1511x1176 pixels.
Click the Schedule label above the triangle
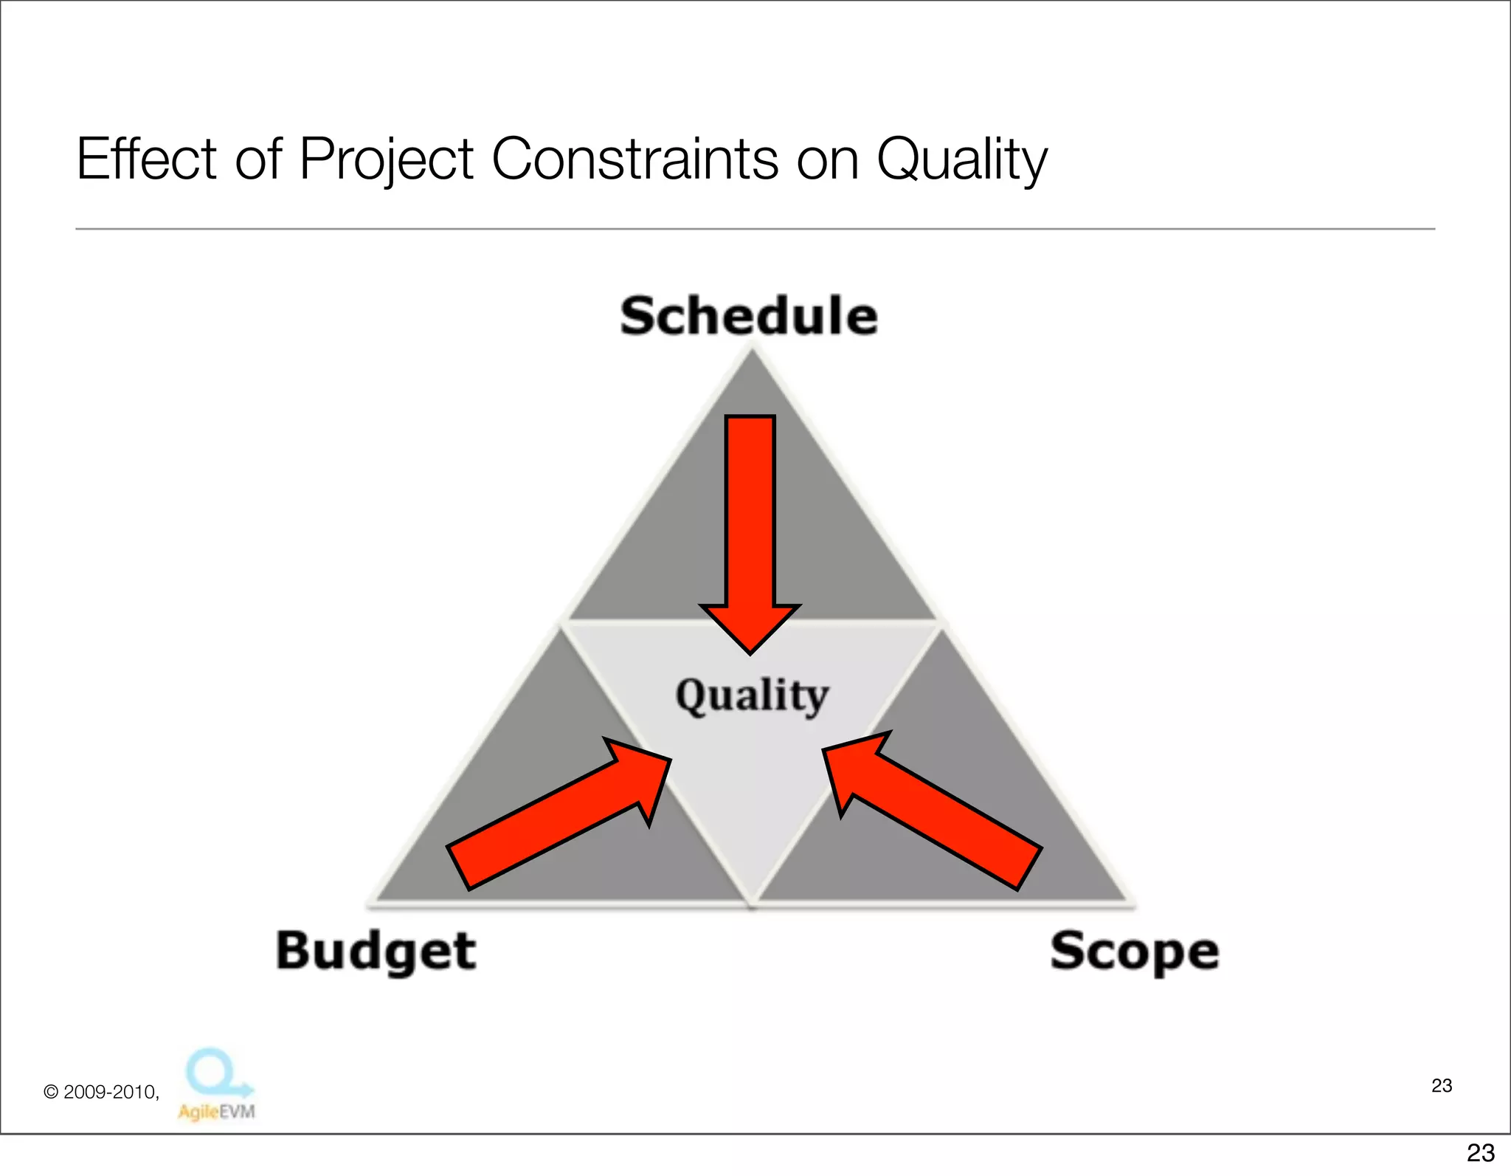coord(749,316)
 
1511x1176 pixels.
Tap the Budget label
coord(376,951)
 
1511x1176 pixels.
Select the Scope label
coord(1134,951)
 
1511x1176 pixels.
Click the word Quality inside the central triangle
coord(752,695)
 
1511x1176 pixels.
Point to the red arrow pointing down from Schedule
coord(750,517)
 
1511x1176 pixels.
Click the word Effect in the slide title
coord(146,159)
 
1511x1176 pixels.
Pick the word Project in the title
coord(386,159)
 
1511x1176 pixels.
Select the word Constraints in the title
coord(635,159)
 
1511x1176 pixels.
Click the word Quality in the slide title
coord(961,159)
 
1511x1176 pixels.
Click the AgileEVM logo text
coord(216,1111)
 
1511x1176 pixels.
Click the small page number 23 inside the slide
coord(1441,1085)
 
